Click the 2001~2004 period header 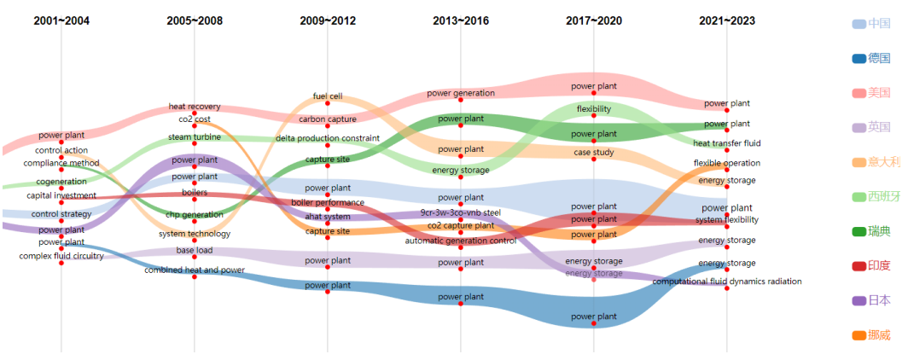61,20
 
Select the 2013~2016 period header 461,20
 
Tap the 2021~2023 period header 727,20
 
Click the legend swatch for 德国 859,58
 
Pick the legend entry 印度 879,265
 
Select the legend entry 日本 879,299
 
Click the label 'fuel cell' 328,96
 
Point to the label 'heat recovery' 195,107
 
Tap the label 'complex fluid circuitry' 61,255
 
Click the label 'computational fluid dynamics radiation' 727,281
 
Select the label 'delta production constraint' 328,138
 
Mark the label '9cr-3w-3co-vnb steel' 461,212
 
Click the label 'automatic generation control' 461,241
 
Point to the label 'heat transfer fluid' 727,143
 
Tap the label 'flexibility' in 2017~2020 594,109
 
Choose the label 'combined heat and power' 195,270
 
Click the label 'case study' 594,153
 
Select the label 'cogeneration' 61,181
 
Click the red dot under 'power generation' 461,100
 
